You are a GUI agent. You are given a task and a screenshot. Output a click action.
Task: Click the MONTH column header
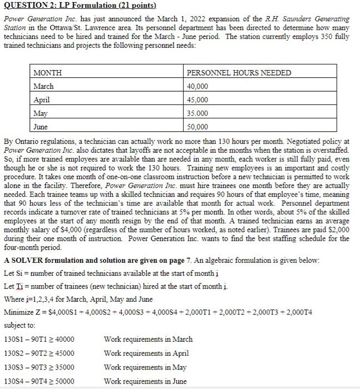point(48,73)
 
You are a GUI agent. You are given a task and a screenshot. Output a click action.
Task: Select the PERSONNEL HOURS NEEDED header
point(239,73)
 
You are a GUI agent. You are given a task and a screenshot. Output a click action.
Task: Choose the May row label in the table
point(41,113)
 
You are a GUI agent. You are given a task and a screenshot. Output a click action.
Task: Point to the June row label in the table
point(41,126)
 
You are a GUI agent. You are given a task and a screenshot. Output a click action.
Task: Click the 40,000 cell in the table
point(198,86)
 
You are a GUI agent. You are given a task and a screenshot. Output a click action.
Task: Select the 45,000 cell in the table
point(198,99)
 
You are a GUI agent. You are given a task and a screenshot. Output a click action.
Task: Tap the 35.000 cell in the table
point(198,113)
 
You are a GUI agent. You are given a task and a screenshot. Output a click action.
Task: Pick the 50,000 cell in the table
point(198,126)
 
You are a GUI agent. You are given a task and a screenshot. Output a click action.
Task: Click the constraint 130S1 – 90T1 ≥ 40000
point(39,339)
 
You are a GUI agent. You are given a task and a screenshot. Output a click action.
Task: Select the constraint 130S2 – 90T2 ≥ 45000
point(39,353)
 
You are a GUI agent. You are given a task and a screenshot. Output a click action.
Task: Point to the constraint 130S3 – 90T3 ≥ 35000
point(39,367)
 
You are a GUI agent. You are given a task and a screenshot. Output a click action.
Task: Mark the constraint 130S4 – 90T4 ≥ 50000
point(39,381)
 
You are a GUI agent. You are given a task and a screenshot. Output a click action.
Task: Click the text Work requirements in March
point(148,339)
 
